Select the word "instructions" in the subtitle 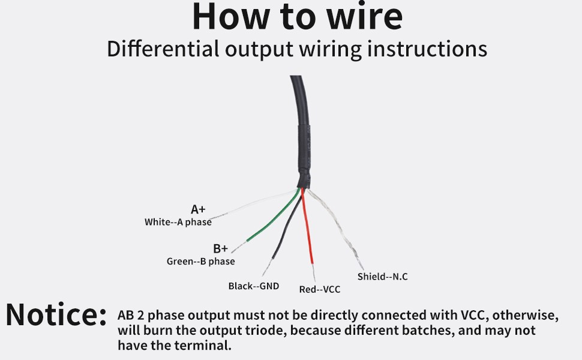click(x=427, y=49)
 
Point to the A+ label click(x=198, y=209)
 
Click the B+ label click(x=220, y=248)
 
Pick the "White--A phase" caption click(x=178, y=222)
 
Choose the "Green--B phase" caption click(x=200, y=262)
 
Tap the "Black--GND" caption click(x=254, y=286)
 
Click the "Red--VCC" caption click(x=320, y=290)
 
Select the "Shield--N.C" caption click(x=383, y=277)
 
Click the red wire click(x=308, y=228)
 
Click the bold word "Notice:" click(x=56, y=315)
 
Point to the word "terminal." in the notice click(x=208, y=346)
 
